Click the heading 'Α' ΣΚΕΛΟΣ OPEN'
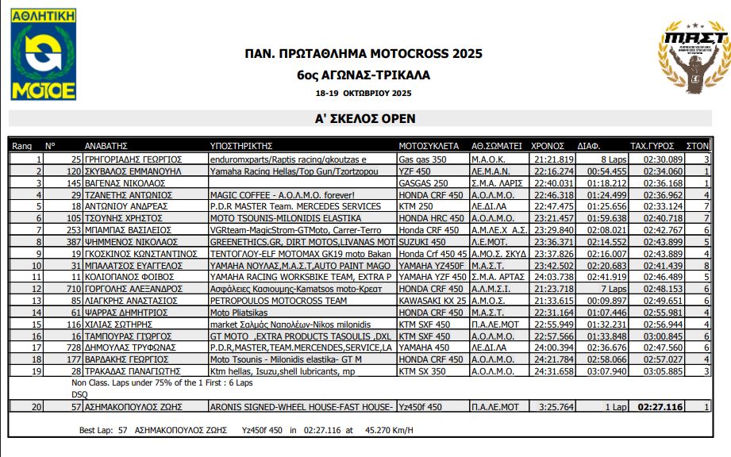coord(365,119)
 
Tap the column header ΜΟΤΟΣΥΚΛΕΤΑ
coord(429,146)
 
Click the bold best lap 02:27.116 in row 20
coord(660,407)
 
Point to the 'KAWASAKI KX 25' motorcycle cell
coord(433,301)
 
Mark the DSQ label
coord(79,394)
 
